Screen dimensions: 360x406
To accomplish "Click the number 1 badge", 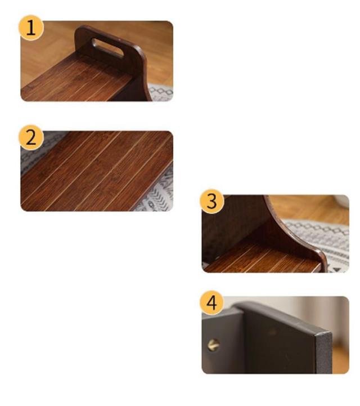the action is click(x=31, y=28).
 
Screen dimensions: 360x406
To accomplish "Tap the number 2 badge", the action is click(x=31, y=137).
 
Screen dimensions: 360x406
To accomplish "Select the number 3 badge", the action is click(x=212, y=201).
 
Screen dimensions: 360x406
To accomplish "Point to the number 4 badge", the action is click(x=212, y=303).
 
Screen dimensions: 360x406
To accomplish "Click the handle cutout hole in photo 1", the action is click(x=107, y=48).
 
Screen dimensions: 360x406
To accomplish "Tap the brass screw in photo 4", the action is click(x=214, y=345).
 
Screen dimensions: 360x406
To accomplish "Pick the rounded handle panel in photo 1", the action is click(x=114, y=52).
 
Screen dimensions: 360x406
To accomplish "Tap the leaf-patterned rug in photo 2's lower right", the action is click(x=157, y=191).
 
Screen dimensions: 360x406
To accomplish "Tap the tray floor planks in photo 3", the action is click(x=261, y=259).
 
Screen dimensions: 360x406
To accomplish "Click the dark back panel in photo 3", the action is click(x=233, y=222).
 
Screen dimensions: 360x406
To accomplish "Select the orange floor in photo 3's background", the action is click(x=308, y=209).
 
